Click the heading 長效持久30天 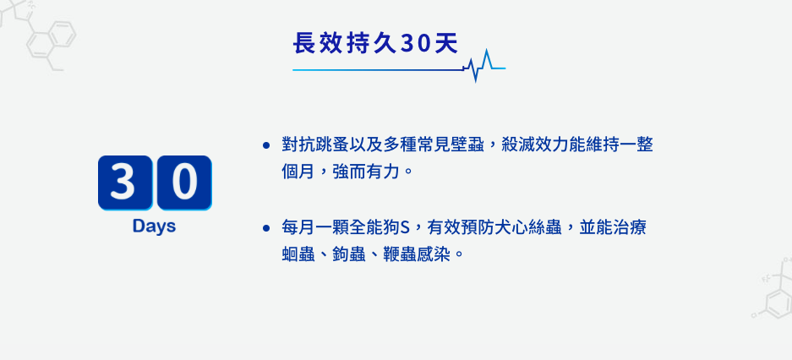tap(375, 43)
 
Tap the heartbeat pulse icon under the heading tap(483, 65)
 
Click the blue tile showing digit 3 tap(124, 183)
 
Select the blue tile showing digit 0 tap(183, 183)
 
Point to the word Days tap(154, 226)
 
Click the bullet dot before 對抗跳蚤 tap(265, 145)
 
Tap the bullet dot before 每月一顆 tap(265, 228)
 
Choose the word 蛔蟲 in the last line tap(300, 254)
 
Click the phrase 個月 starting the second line tap(300, 172)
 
